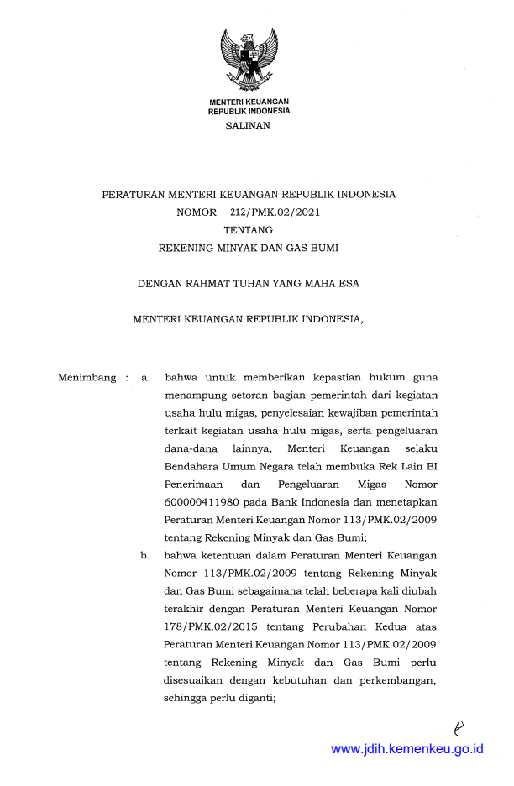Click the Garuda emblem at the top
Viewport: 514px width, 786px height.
pyautogui.click(x=249, y=59)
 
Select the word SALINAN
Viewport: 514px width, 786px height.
pyautogui.click(x=249, y=126)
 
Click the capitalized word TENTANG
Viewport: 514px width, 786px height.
pyautogui.click(x=248, y=230)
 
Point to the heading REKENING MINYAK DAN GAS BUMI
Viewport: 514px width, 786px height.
pyautogui.click(x=249, y=249)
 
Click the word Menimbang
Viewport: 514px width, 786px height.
pyautogui.click(x=87, y=378)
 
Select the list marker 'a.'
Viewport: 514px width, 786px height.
pyautogui.click(x=146, y=378)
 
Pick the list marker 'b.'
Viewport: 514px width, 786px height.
pyautogui.click(x=146, y=555)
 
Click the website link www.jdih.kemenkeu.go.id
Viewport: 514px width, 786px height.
pyautogui.click(x=407, y=748)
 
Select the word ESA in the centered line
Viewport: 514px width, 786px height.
pyautogui.click(x=348, y=284)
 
